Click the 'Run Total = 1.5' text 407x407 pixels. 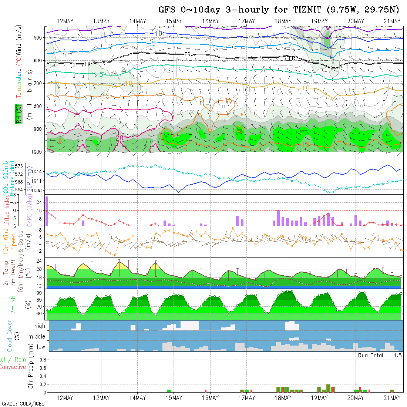point(380,355)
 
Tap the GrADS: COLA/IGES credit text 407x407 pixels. point(23,404)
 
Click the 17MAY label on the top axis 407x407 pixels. point(246,21)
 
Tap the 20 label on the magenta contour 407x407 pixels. point(120,138)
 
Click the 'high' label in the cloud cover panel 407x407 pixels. point(40,326)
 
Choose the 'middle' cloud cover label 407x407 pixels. point(37,337)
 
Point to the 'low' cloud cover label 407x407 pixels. point(41,347)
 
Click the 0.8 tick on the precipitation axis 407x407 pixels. point(42,359)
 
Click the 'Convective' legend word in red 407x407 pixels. point(13,367)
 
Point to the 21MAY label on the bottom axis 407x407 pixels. point(392,398)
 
